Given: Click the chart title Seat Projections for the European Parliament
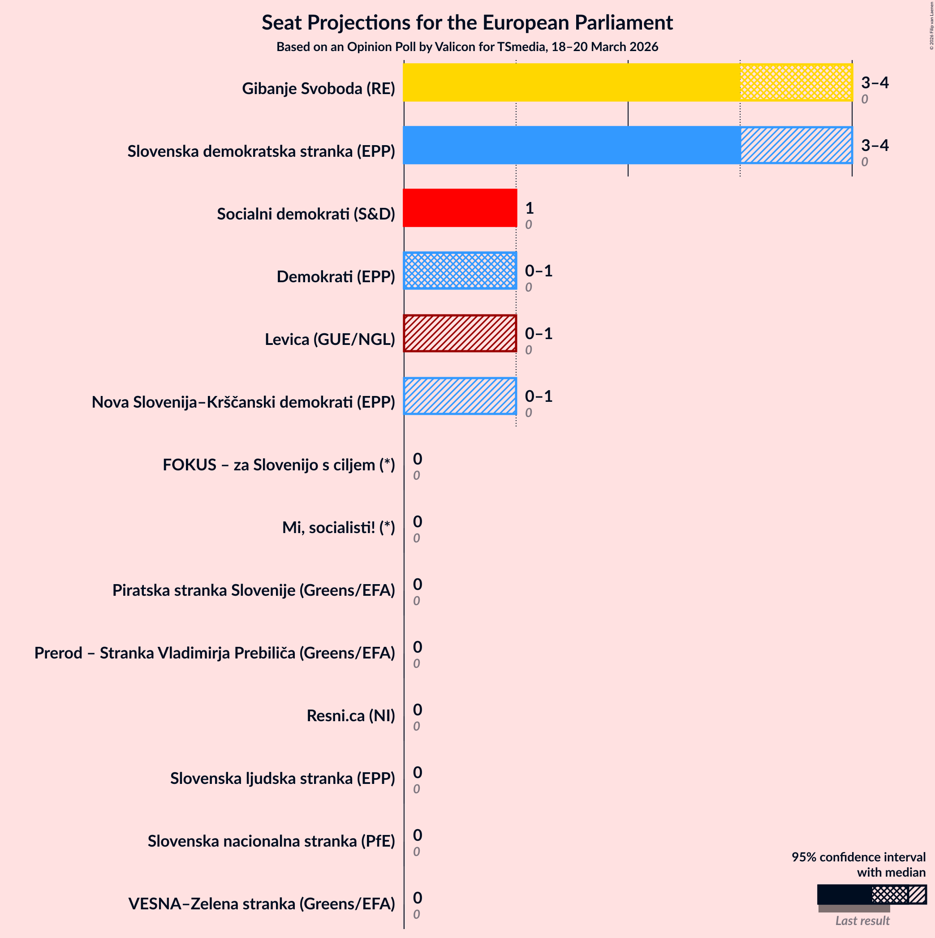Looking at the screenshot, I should [467, 23].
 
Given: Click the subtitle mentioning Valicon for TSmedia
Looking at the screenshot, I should [467, 47].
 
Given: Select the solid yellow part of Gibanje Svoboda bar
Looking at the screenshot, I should [571, 82].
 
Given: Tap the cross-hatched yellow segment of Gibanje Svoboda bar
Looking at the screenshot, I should [796, 82].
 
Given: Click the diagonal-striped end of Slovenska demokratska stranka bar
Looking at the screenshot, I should [796, 145].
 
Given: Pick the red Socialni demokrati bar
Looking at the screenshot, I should [460, 208].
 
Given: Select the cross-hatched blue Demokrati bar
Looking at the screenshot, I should [460, 271].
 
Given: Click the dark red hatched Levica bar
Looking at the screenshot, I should [460, 333].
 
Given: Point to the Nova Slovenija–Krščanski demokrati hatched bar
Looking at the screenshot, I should [460, 396].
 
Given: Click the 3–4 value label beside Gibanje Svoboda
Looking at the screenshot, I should [875, 82].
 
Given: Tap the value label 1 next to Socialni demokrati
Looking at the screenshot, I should [529, 208].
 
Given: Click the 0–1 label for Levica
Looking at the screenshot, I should [539, 333].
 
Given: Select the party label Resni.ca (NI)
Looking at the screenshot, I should [350, 716].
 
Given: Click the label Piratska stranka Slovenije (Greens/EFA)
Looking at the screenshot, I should [254, 590].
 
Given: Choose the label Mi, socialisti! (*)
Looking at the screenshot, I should [338, 527].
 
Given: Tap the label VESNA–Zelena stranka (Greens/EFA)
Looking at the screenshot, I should [261, 904].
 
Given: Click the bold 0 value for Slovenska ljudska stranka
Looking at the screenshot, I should [417, 772].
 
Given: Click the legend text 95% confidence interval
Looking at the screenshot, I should [858, 857].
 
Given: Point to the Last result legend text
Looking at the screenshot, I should [862, 921].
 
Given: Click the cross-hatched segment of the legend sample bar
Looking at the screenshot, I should [889, 894].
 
